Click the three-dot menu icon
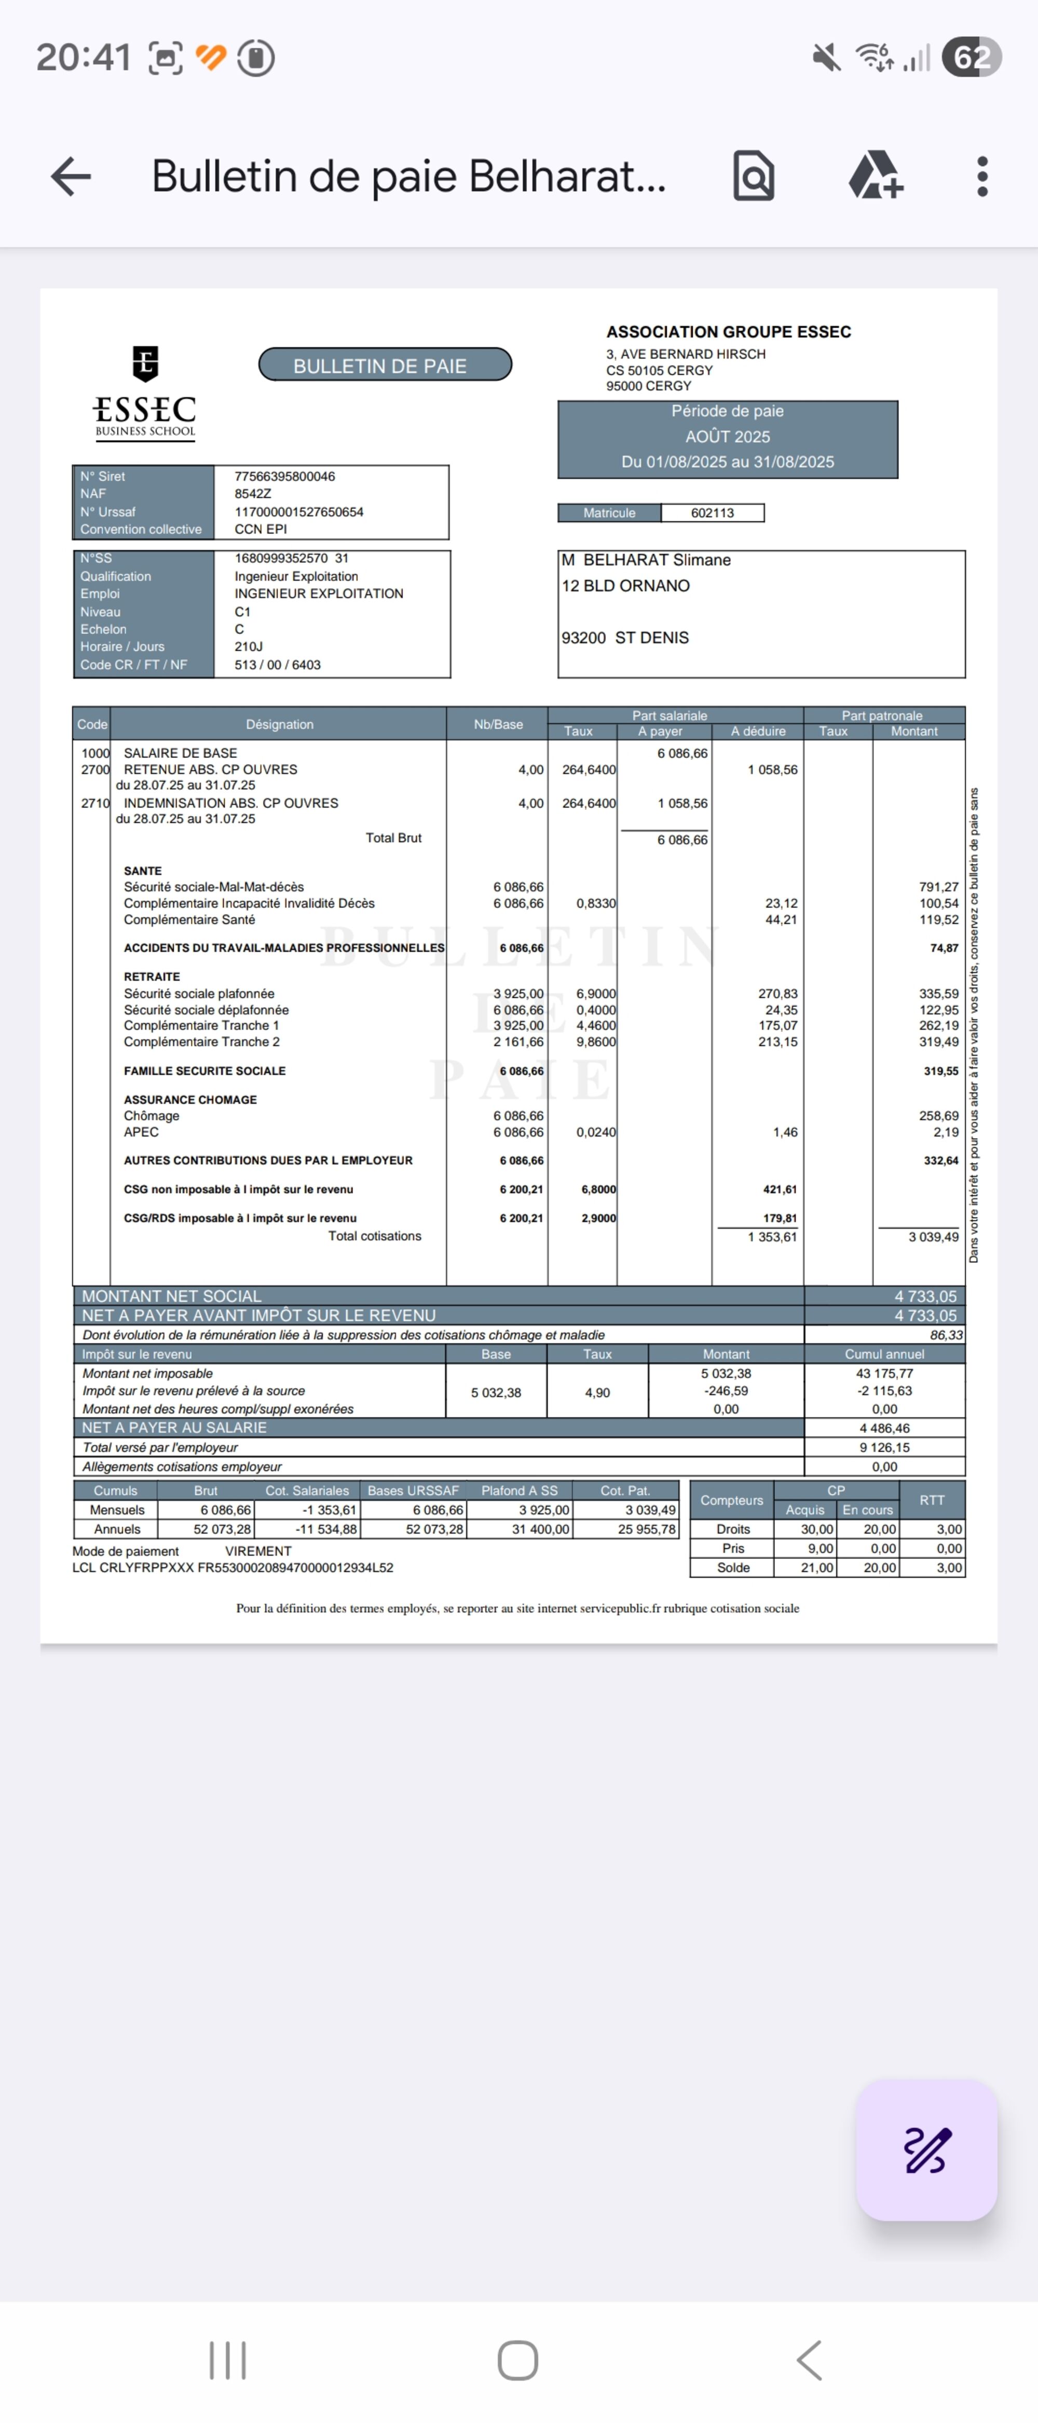point(981,176)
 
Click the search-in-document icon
point(753,176)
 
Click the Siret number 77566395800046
point(285,476)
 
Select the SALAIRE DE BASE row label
point(181,752)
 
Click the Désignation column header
point(279,724)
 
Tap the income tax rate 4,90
point(597,1392)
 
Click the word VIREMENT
point(258,1551)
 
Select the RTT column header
point(932,1500)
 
